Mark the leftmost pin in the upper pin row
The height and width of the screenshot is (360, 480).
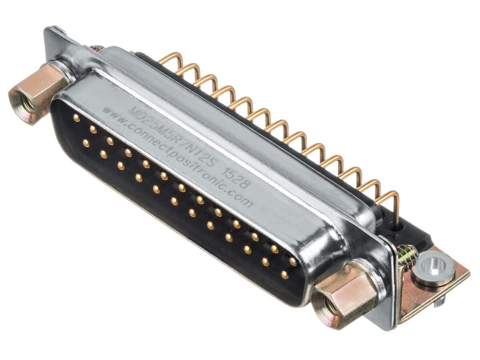click(x=76, y=118)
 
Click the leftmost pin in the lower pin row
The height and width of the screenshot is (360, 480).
click(x=86, y=143)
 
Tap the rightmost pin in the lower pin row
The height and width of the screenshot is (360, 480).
click(x=284, y=275)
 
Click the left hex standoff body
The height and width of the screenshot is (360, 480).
click(x=40, y=90)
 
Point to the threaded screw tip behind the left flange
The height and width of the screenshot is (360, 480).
click(x=96, y=48)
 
